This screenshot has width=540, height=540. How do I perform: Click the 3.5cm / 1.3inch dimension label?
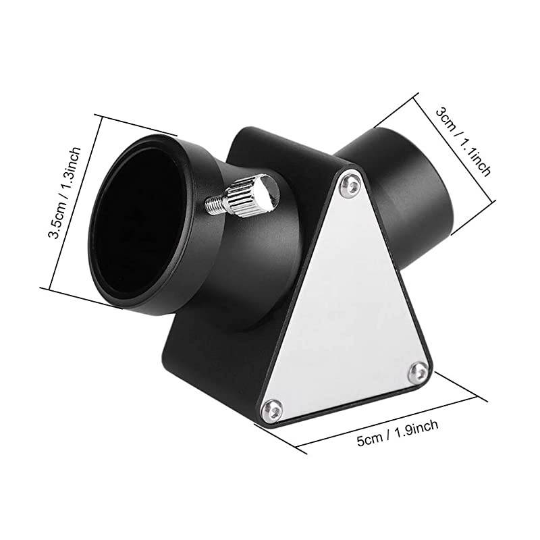coord(65,193)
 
